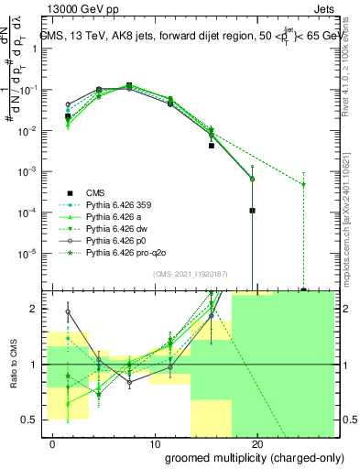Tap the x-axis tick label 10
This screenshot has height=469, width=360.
[154, 442]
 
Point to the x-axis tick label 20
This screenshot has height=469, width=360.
[257, 442]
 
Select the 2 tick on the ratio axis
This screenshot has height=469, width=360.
[34, 309]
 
